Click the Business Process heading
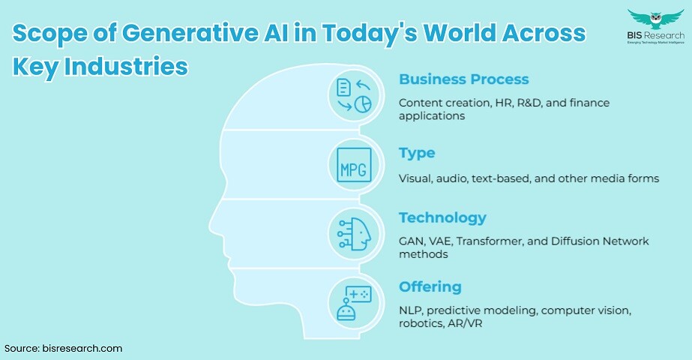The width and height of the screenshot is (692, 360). point(463,79)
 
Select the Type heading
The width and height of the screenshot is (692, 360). point(417,154)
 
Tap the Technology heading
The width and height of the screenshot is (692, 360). point(442,218)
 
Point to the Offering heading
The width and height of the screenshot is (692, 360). point(430,287)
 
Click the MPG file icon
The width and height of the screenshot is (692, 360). point(354,165)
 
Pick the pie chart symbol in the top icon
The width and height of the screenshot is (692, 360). point(363,104)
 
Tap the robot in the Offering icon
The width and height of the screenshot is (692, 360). point(346,309)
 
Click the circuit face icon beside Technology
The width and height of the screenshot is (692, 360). point(354,234)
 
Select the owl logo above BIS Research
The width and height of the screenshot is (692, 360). point(656,19)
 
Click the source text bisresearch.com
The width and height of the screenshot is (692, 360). point(82,349)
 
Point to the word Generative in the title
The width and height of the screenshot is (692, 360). point(190,33)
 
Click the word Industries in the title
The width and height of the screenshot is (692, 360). point(126,66)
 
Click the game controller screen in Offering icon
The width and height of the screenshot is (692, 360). point(359,294)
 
